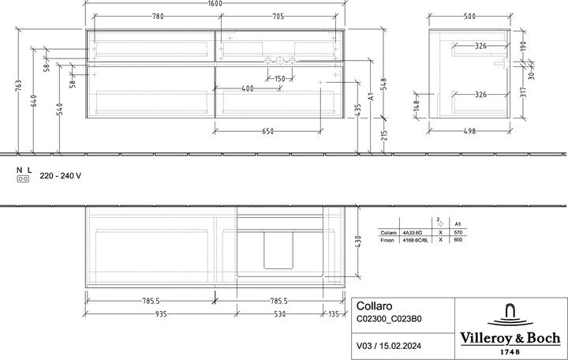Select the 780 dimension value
[158, 16]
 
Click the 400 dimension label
[247, 88]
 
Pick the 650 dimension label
[267, 131]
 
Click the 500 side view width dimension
[469, 16]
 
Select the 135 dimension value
[334, 313]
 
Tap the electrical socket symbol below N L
[23, 179]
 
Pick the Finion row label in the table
[387, 239]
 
